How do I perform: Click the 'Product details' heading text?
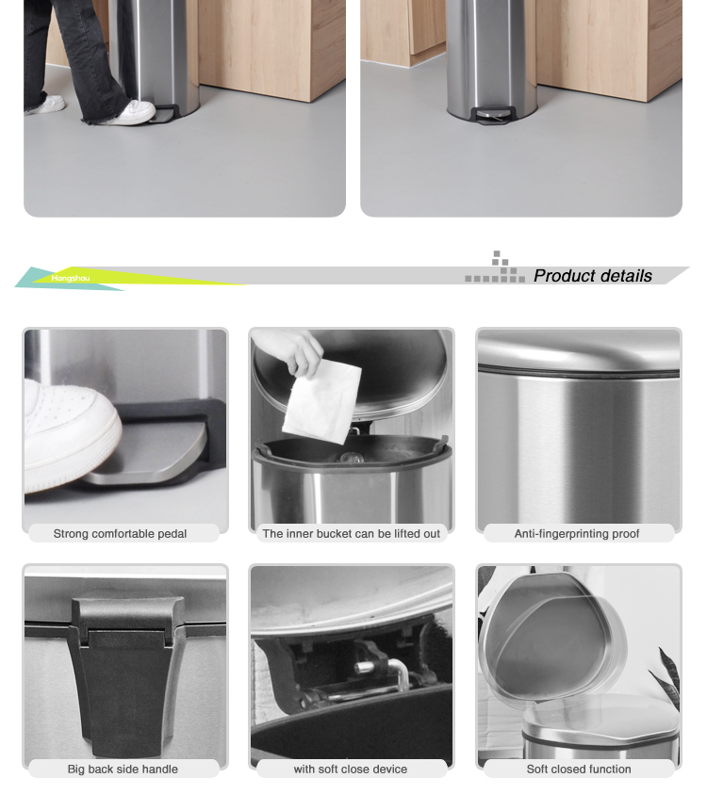tap(592, 276)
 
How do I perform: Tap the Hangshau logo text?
tap(71, 278)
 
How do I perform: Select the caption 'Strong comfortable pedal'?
tap(120, 534)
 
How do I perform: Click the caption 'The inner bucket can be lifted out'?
tap(352, 534)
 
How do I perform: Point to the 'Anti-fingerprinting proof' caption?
tap(577, 534)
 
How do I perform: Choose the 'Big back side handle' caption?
tap(123, 769)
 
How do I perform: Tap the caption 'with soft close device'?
tap(350, 769)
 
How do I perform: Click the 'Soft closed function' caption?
tap(579, 769)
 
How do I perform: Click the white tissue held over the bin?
tap(321, 402)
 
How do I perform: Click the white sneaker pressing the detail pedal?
tap(70, 436)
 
